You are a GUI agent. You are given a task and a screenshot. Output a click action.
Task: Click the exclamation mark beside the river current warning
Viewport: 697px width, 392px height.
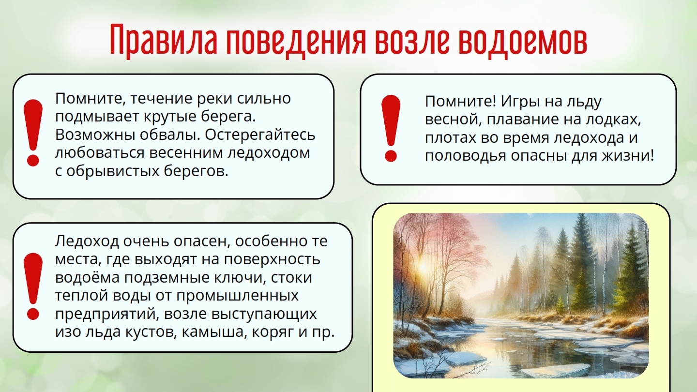click(33, 133)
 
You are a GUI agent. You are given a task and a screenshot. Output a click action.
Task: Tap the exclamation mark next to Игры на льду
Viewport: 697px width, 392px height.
click(391, 129)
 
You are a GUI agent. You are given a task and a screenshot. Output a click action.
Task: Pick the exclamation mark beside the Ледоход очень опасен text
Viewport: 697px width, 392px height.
click(33, 286)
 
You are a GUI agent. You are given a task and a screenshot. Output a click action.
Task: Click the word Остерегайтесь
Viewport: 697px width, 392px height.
click(260, 135)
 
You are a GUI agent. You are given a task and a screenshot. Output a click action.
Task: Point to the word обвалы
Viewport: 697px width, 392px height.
click(169, 135)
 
